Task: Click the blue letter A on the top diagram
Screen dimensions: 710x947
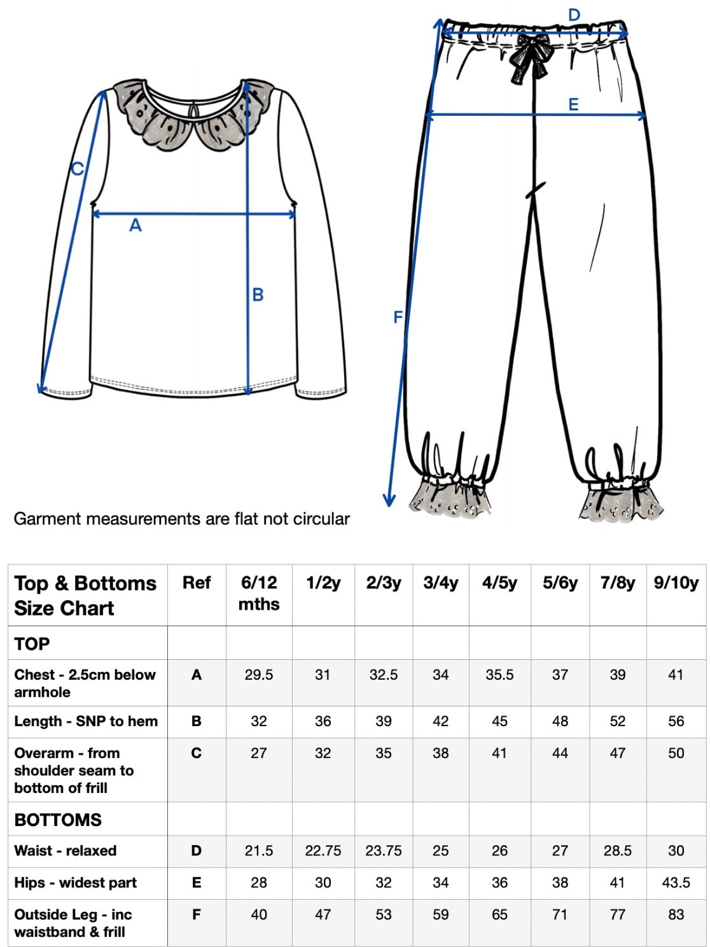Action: point(136,225)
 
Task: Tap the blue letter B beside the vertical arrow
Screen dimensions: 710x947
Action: point(258,295)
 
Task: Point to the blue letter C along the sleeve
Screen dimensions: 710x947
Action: point(78,168)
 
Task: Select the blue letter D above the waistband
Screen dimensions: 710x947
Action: point(574,15)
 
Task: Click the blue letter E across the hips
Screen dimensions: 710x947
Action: point(573,104)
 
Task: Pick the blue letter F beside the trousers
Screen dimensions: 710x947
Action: point(398,317)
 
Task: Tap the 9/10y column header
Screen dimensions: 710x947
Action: point(676,582)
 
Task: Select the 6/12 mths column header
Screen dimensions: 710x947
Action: point(259,593)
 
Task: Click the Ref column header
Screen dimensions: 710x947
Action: point(197,582)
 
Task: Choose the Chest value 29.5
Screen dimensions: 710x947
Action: point(259,675)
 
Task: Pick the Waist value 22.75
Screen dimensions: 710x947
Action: point(323,850)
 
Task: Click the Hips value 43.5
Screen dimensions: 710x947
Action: point(676,882)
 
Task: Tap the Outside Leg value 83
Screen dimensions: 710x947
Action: point(676,914)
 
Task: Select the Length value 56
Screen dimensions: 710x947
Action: point(676,721)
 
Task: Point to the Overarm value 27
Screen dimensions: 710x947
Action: point(259,753)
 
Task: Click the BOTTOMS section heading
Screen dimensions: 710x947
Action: point(58,820)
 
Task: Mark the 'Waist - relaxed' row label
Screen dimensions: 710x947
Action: point(66,850)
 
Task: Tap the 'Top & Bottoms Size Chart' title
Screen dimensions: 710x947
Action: point(85,596)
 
